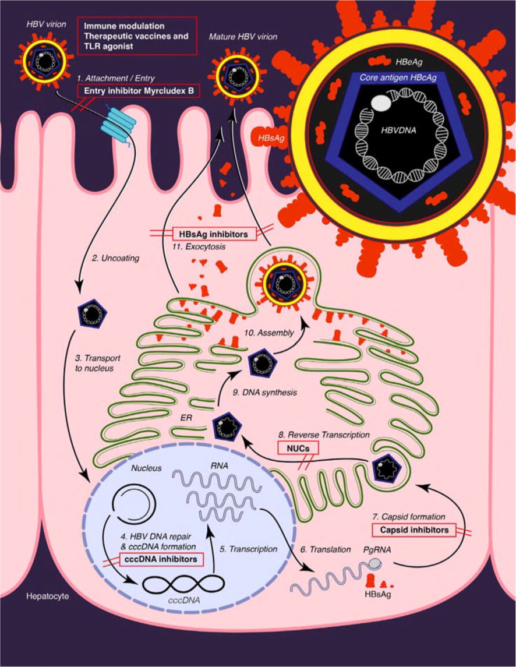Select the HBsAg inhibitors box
click(x=214, y=234)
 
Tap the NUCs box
click(x=299, y=447)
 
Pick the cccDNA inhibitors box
click(x=164, y=560)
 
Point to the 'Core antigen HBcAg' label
click(x=397, y=78)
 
